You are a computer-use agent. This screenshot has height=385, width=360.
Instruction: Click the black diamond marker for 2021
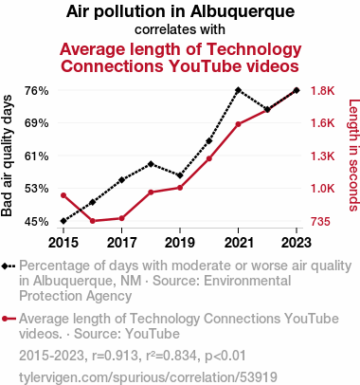click(238, 90)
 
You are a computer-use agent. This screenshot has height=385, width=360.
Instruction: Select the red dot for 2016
click(93, 221)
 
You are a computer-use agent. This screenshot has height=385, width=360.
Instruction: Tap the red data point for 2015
click(63, 195)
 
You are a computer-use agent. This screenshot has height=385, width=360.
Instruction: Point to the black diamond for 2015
click(63, 221)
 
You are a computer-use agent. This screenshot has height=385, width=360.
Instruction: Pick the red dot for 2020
click(209, 158)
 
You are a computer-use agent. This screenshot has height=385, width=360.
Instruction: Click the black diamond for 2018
click(151, 164)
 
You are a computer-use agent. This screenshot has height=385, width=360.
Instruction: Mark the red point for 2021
click(238, 124)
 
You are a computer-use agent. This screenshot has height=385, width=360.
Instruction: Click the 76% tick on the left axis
click(37, 91)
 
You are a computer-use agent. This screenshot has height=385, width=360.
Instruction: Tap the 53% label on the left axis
click(37, 189)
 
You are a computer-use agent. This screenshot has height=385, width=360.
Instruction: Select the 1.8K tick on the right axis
click(322, 91)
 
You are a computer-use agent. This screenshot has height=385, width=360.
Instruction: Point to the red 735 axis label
click(320, 222)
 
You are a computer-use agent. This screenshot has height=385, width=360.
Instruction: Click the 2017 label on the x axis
click(121, 243)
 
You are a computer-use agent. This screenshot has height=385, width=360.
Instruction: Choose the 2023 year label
click(297, 243)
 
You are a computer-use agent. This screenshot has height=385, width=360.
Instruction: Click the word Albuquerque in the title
click(243, 12)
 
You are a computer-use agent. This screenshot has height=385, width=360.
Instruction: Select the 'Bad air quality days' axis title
click(7, 156)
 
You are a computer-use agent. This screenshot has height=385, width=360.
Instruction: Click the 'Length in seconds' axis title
click(353, 155)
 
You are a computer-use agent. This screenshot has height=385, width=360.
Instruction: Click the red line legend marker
click(9, 319)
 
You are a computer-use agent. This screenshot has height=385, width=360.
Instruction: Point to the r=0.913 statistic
click(116, 356)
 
